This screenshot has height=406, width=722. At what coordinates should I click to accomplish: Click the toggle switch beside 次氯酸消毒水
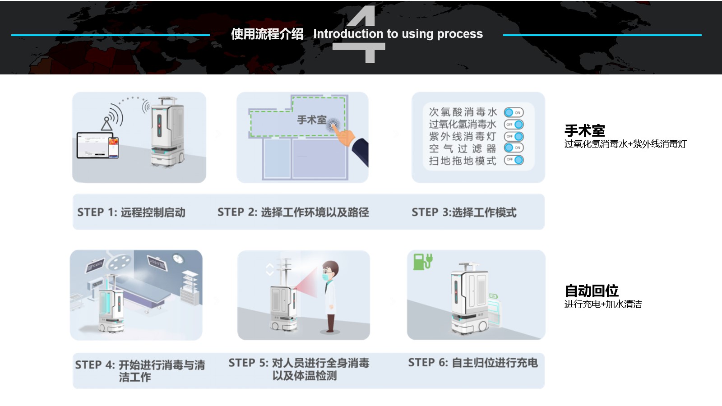click(514, 112)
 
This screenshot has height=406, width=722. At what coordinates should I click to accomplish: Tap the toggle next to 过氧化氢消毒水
click(514, 124)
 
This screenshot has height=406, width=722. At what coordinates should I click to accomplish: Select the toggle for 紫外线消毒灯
click(514, 136)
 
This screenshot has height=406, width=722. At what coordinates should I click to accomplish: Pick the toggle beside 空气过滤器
click(514, 148)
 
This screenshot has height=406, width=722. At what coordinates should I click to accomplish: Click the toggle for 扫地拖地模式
click(514, 160)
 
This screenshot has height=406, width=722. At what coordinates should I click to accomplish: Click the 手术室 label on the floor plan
click(311, 120)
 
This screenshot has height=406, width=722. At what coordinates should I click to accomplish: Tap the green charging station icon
click(422, 261)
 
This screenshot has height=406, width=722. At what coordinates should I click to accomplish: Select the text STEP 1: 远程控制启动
click(131, 212)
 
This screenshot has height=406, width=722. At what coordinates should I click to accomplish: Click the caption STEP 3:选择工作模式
click(463, 212)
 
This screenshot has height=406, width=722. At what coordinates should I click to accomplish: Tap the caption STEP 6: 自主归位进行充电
click(472, 363)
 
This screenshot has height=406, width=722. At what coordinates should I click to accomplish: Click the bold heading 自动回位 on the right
click(591, 291)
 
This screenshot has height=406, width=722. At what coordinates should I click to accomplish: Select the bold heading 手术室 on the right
click(584, 131)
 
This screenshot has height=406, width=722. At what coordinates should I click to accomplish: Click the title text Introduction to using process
click(398, 34)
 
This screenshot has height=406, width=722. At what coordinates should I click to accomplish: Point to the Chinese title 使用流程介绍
click(267, 34)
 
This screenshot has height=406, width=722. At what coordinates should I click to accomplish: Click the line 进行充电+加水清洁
click(603, 304)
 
